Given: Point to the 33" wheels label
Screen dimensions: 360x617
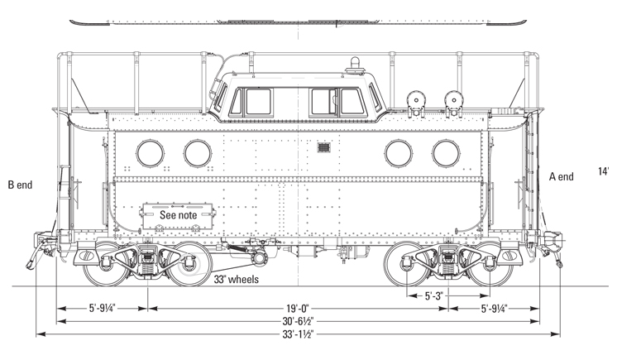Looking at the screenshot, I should point(236,280).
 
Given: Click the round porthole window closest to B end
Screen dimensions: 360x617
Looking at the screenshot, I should point(151,152).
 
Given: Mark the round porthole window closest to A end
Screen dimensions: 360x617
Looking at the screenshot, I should point(446,152).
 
